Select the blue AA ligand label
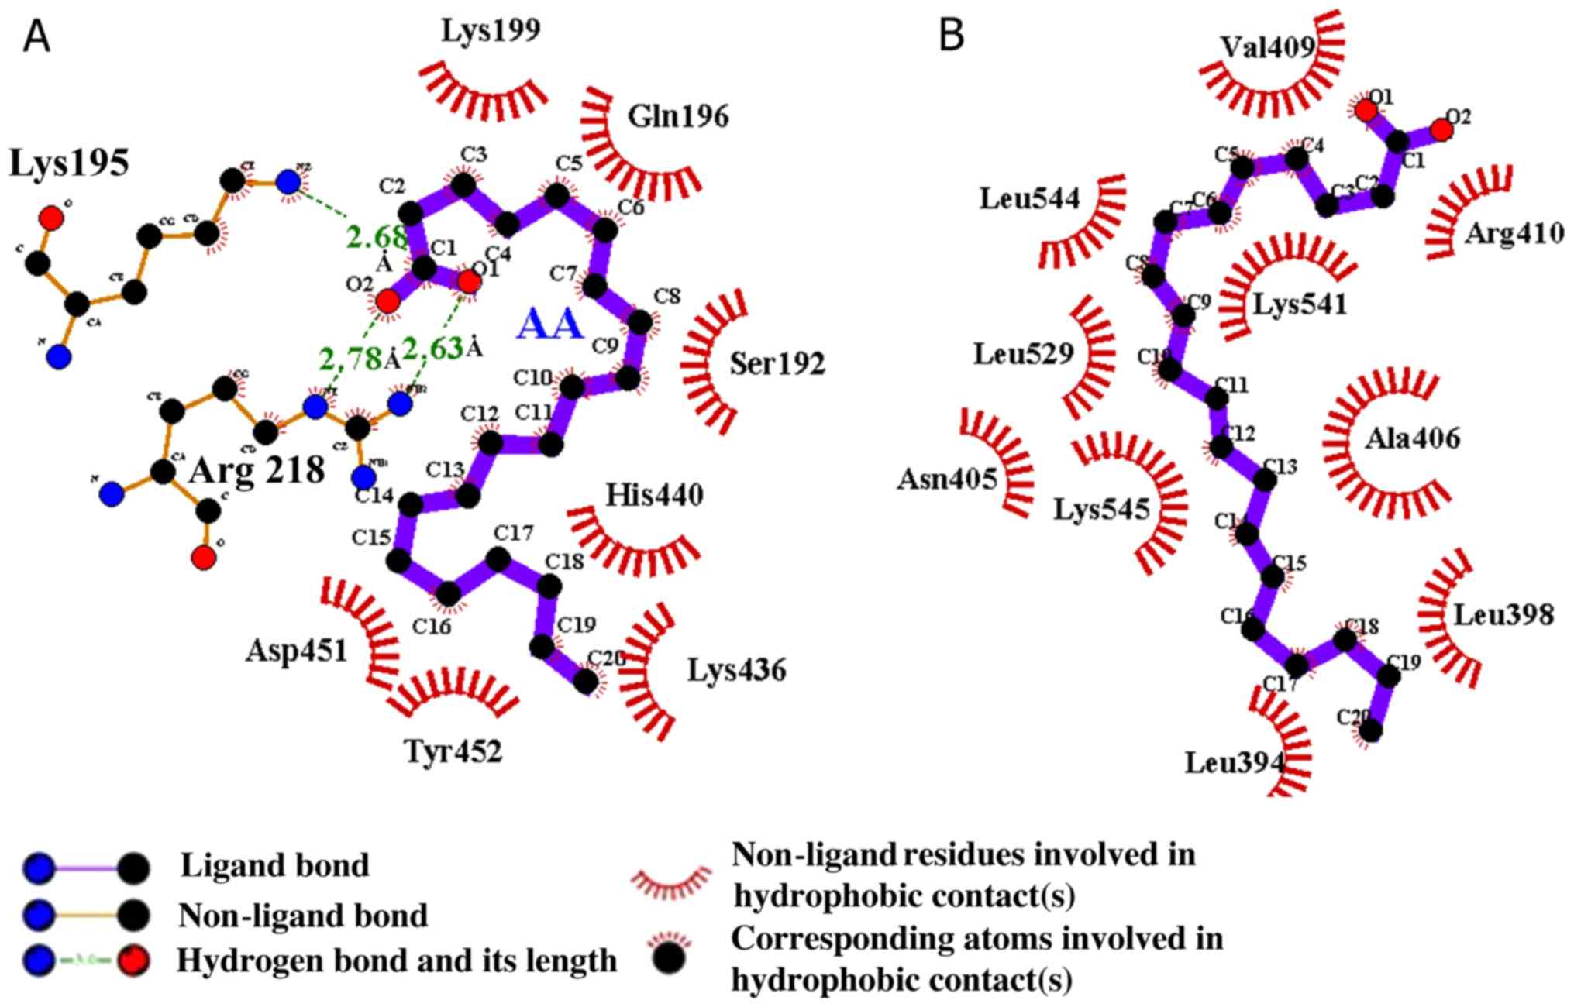(x=549, y=324)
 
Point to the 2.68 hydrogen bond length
(x=376, y=238)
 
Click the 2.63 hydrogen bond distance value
(x=432, y=349)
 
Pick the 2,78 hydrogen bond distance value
(x=350, y=359)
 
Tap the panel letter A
(x=36, y=36)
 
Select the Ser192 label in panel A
(x=777, y=363)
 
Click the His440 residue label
(x=655, y=494)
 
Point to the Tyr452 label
(x=453, y=751)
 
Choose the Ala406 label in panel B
(x=1412, y=439)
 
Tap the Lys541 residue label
(x=1300, y=304)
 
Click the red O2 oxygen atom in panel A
(x=387, y=301)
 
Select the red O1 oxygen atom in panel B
(x=1366, y=112)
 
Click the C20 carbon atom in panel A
(x=586, y=682)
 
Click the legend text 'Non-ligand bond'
(x=303, y=916)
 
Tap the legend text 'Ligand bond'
(x=274, y=866)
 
